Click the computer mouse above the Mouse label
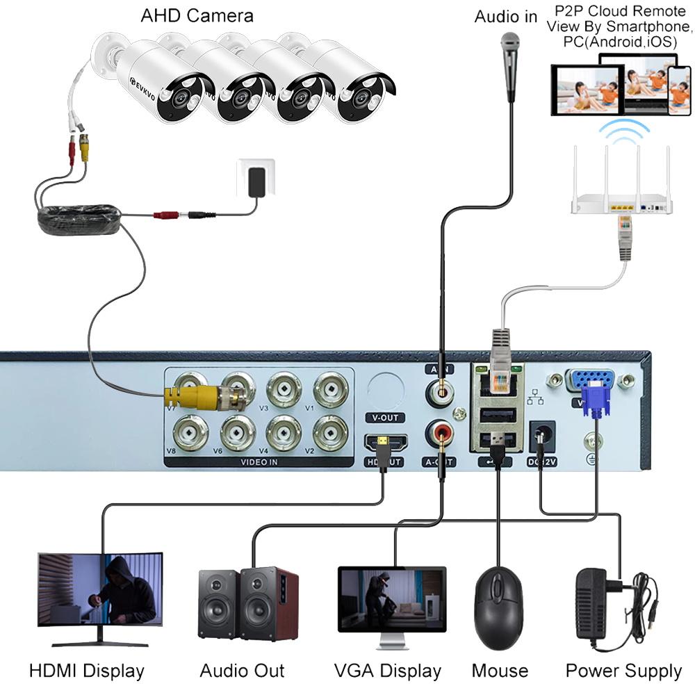pyautogui.click(x=498, y=600)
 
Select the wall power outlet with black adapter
pyautogui.click(x=256, y=178)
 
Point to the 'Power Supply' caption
pyautogui.click(x=623, y=671)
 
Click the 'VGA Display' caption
pyautogui.click(x=388, y=671)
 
